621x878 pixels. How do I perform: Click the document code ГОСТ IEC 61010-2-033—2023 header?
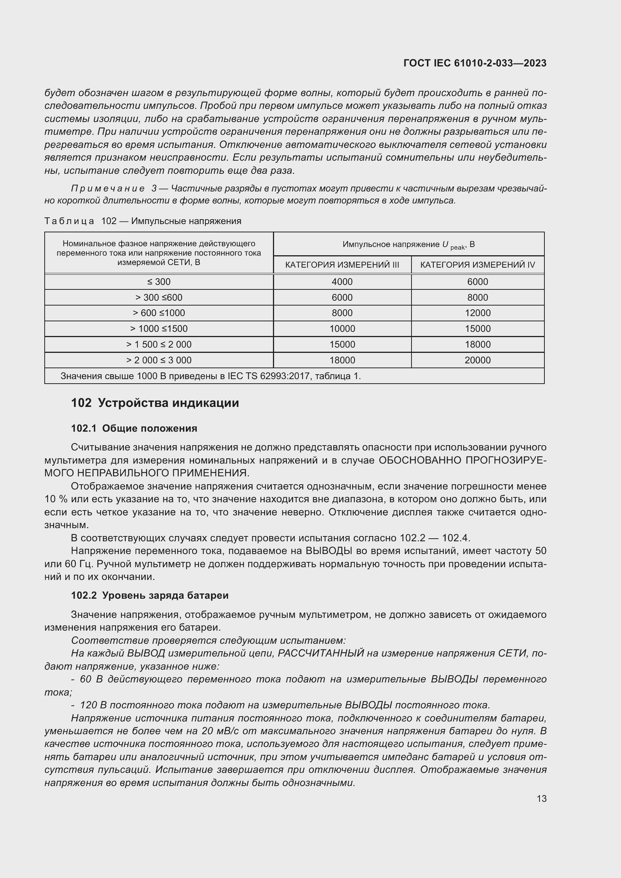(x=475, y=63)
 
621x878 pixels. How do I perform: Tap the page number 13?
(x=541, y=798)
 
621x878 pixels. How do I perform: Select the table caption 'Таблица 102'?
(x=80, y=221)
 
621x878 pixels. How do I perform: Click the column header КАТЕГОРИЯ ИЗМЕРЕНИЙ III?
(x=342, y=265)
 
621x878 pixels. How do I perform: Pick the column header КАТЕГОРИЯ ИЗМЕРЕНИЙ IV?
(x=477, y=265)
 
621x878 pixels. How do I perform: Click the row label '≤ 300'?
(x=159, y=282)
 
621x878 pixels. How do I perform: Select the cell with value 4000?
(x=342, y=282)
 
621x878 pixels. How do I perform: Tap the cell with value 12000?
(x=477, y=313)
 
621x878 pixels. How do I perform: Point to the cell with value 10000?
(x=342, y=329)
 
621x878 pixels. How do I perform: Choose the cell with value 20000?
(x=477, y=360)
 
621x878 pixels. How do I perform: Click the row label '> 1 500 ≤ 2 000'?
(x=159, y=345)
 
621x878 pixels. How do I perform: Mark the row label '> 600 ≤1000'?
(x=159, y=313)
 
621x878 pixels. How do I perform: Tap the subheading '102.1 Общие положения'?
(x=134, y=428)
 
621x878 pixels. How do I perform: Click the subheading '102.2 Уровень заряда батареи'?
(x=149, y=595)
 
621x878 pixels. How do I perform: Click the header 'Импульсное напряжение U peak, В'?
(x=408, y=245)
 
